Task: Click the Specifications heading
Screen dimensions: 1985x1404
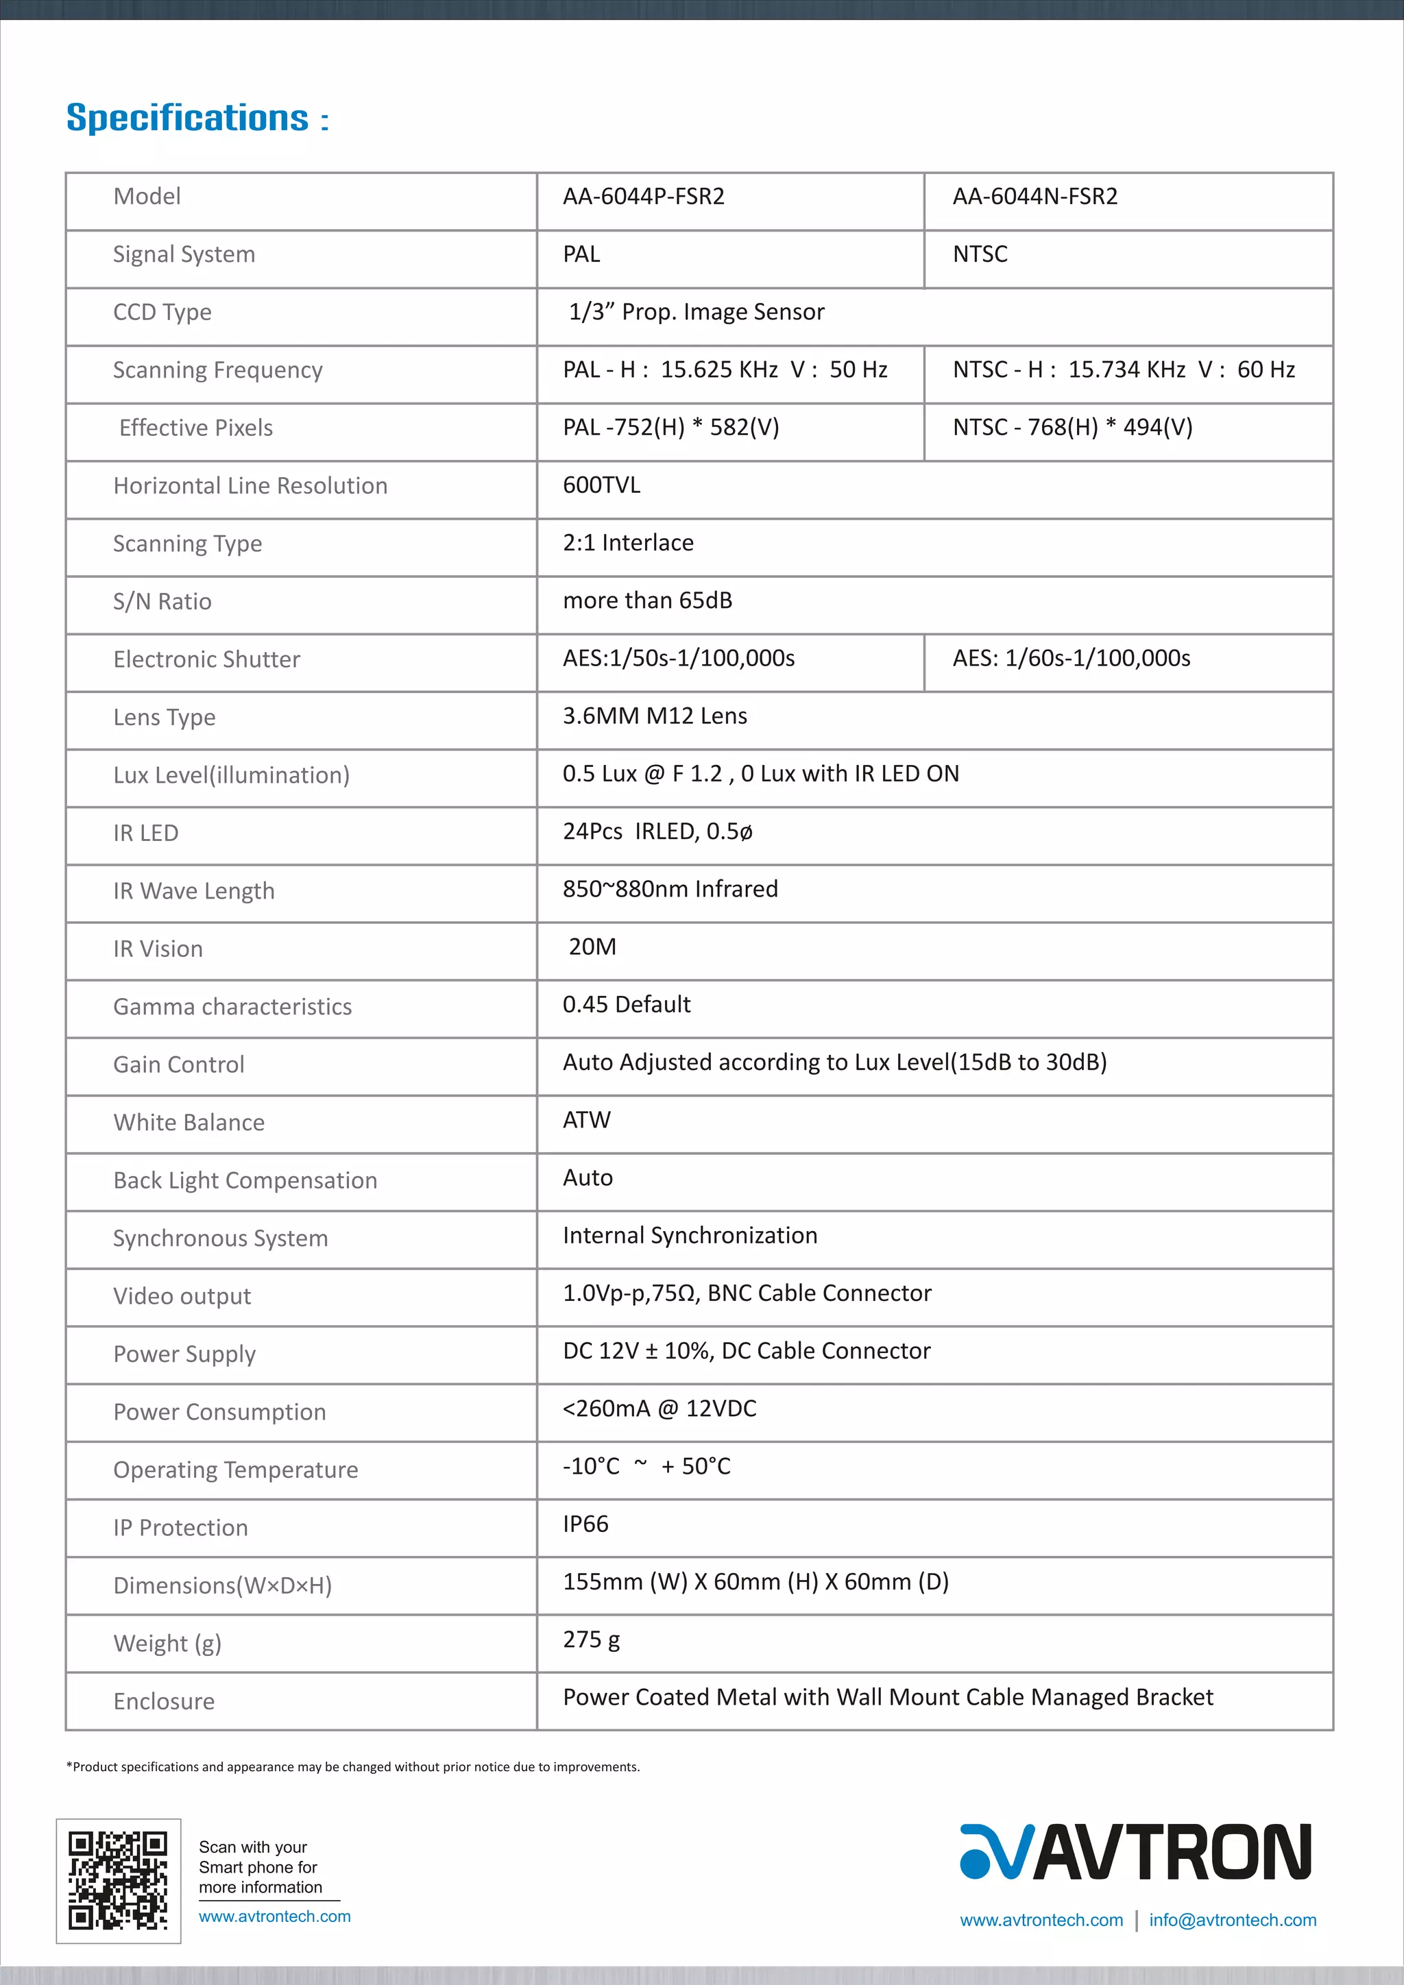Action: click(197, 118)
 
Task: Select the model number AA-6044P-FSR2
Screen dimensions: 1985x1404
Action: click(643, 197)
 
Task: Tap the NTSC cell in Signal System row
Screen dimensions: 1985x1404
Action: click(980, 254)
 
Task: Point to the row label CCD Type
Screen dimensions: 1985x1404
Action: click(162, 312)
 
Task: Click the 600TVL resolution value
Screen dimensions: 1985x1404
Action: click(601, 485)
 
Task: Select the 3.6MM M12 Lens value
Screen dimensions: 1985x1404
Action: click(655, 716)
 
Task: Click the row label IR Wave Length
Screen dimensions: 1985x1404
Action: click(193, 891)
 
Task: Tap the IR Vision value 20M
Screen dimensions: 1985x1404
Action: click(592, 947)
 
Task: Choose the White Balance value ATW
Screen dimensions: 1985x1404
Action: click(586, 1121)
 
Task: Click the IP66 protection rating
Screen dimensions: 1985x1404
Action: click(585, 1524)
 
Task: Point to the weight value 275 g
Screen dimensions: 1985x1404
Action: click(592, 1640)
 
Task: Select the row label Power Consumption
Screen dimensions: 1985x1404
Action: click(219, 1413)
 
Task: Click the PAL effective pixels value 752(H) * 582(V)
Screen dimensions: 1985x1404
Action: click(671, 427)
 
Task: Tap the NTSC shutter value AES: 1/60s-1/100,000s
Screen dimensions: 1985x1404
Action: click(1071, 659)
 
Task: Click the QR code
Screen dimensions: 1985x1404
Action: click(119, 1880)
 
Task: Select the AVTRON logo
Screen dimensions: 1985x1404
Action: click(1135, 1853)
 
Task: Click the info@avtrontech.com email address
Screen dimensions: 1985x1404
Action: click(1232, 1920)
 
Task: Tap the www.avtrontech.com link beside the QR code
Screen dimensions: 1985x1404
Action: click(275, 1916)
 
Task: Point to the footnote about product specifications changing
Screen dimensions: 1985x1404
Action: click(353, 1767)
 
